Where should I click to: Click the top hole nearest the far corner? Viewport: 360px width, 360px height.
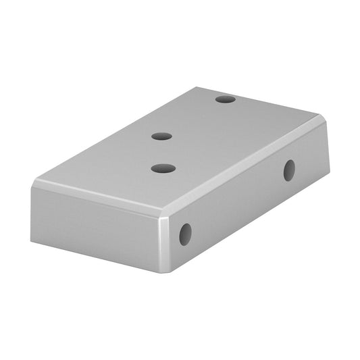pos(226,99)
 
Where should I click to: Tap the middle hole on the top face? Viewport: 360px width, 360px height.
pos(161,136)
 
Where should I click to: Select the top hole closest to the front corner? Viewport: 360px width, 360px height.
pos(163,168)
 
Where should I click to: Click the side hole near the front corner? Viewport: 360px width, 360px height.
pos(185,234)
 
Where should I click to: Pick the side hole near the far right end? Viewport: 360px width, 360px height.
pos(289,170)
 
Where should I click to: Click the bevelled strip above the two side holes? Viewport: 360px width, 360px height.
pos(243,172)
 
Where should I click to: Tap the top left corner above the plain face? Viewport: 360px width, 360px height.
pos(35,182)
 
